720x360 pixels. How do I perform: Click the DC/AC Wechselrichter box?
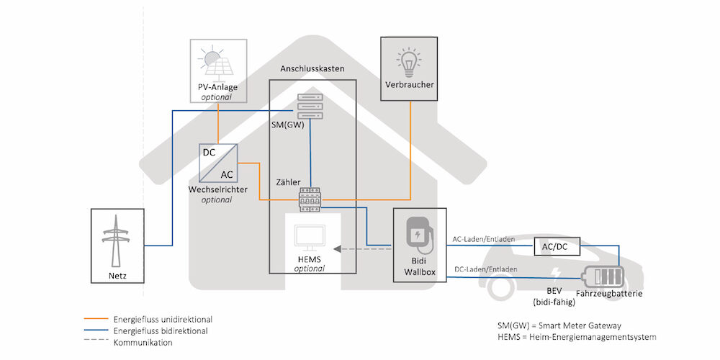coord(217,163)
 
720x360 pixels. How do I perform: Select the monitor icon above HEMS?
coord(310,238)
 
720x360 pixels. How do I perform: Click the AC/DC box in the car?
coord(553,248)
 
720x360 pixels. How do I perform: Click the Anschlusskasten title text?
coord(312,69)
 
